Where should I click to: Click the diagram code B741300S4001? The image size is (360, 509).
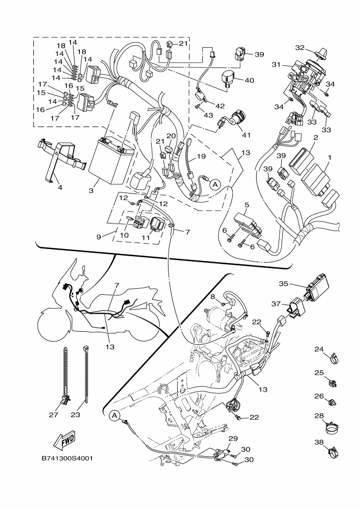click(67, 457)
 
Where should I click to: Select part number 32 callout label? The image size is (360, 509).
click(300, 47)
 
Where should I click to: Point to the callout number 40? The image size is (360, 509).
click(250, 80)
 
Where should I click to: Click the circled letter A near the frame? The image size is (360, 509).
click(114, 416)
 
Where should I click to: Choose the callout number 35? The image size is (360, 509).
click(283, 283)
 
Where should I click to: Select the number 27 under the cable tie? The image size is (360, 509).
click(53, 414)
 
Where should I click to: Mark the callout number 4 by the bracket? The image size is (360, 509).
click(59, 187)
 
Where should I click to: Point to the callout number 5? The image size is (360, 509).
click(246, 206)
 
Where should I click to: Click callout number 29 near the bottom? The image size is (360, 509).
click(233, 438)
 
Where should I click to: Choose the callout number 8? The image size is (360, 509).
click(214, 296)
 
